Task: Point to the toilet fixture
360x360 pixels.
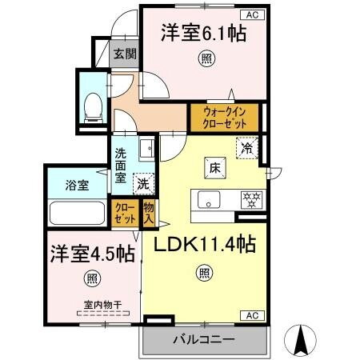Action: click(92, 106)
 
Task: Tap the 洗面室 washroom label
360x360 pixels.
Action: click(121, 166)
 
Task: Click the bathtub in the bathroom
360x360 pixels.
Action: click(78, 214)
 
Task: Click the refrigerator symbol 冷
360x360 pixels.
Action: click(248, 148)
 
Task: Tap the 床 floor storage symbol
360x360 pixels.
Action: click(215, 168)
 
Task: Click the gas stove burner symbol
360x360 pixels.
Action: click(253, 199)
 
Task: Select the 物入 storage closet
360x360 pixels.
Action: click(149, 213)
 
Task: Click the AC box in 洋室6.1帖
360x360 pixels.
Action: click(252, 14)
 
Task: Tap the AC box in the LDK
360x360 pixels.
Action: click(252, 314)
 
